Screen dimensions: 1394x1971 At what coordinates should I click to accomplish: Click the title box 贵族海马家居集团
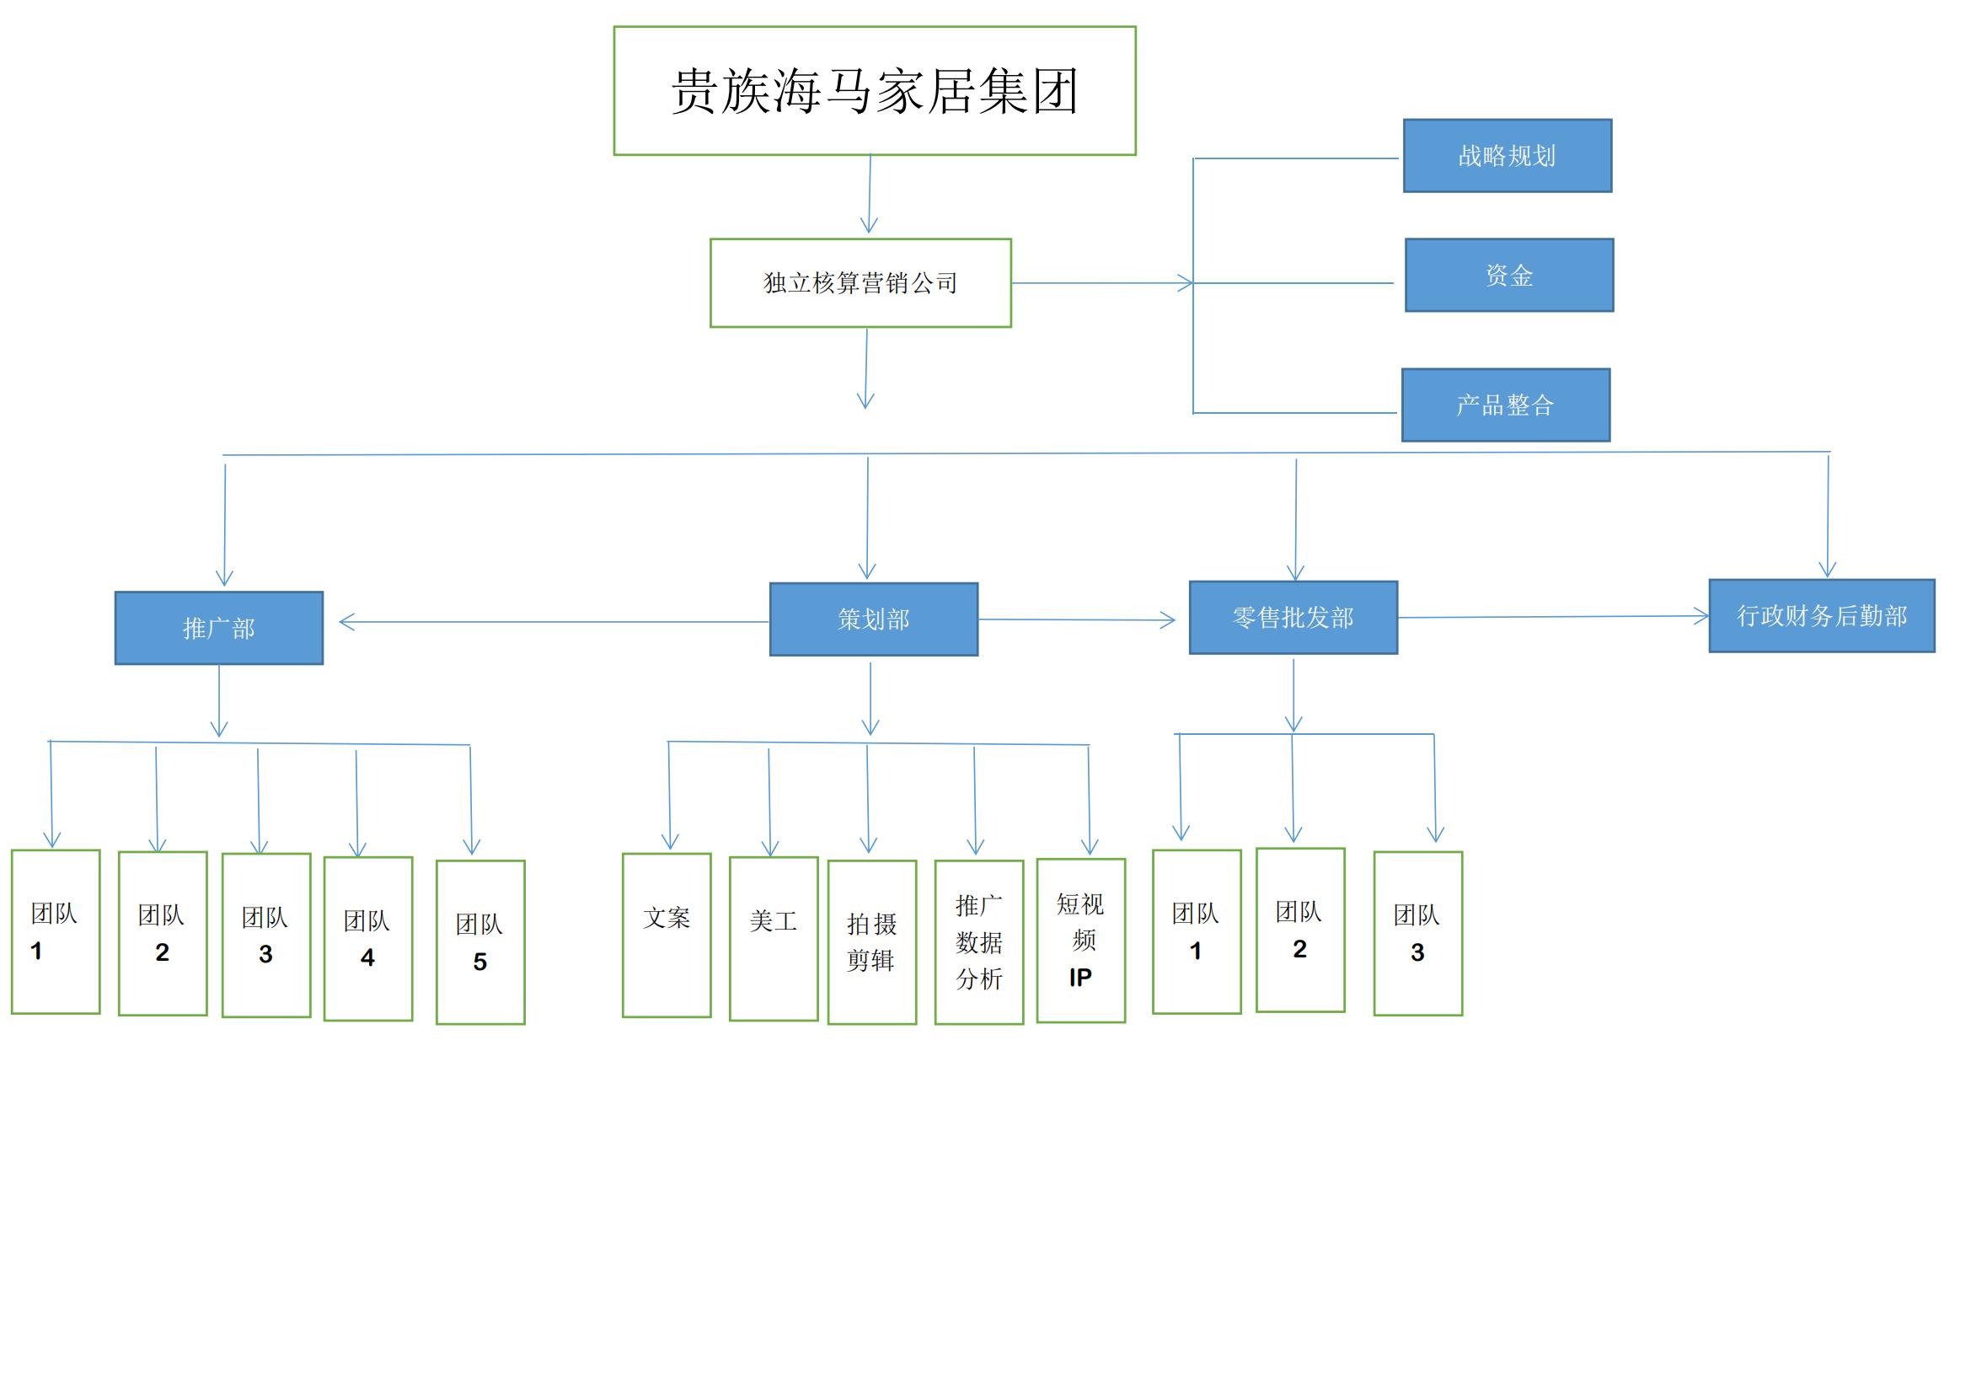click(874, 91)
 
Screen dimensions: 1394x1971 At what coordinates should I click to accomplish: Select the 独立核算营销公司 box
click(860, 282)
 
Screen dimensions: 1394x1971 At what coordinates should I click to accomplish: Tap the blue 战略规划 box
click(1507, 155)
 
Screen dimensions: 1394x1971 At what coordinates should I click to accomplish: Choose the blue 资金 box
click(1508, 275)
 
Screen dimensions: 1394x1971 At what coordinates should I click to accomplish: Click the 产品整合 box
click(1505, 405)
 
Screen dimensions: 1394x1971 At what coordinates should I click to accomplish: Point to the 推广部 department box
click(219, 628)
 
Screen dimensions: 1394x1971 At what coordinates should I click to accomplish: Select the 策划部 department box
click(873, 619)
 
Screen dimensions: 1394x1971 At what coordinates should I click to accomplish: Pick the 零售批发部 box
click(1293, 617)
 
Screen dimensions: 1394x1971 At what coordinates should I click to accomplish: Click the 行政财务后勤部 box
click(1822, 615)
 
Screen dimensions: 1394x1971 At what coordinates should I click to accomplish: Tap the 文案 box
click(667, 935)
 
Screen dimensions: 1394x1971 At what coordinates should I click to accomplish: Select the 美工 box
click(773, 938)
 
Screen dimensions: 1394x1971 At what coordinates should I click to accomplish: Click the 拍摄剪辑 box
click(871, 941)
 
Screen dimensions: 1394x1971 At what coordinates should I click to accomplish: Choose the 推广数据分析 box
click(978, 941)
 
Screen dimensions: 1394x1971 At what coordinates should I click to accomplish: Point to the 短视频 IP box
click(1080, 940)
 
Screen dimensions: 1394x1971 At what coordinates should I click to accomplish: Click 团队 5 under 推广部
click(479, 941)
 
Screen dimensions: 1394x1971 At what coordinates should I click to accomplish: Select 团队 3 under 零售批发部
click(1417, 933)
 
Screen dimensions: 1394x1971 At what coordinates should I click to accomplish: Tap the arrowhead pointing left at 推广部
click(345, 622)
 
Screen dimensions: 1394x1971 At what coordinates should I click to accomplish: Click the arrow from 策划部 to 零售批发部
click(1078, 619)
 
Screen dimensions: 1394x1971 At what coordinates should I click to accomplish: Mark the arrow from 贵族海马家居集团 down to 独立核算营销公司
click(870, 194)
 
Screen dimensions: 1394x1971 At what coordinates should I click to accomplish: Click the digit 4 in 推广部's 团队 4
click(367, 958)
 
